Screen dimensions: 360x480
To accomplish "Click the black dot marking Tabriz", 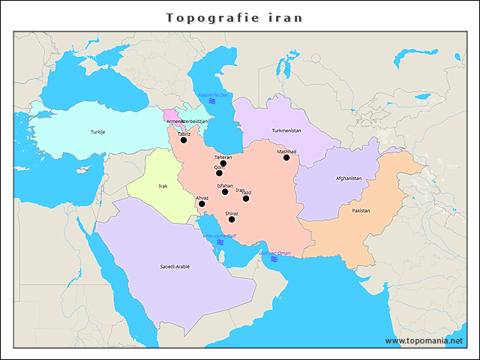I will (x=184, y=140).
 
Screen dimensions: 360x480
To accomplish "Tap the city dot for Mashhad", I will (x=286, y=157).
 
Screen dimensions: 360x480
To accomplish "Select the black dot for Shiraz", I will (x=232, y=220).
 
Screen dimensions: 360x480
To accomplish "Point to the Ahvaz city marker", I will (x=202, y=204).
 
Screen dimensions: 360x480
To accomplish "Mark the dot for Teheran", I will (x=223, y=163).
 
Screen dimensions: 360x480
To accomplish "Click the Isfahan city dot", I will (x=225, y=191).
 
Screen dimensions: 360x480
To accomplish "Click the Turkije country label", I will (x=98, y=132).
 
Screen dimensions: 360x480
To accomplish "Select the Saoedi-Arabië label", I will (x=175, y=266).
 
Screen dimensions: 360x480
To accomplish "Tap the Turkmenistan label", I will (x=286, y=130).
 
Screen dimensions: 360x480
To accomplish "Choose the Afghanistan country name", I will (x=349, y=178).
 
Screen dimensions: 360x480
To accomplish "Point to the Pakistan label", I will (x=361, y=211).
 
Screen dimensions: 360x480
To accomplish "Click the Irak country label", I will (x=163, y=186).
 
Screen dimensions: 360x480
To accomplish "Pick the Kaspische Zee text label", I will (x=213, y=95).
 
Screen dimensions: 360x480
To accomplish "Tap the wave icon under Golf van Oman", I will (x=274, y=259).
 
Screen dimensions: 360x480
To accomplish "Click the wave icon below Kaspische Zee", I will (x=212, y=102).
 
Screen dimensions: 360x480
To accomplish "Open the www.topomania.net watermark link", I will (x=429, y=340).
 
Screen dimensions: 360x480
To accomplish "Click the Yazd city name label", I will (x=247, y=192).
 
